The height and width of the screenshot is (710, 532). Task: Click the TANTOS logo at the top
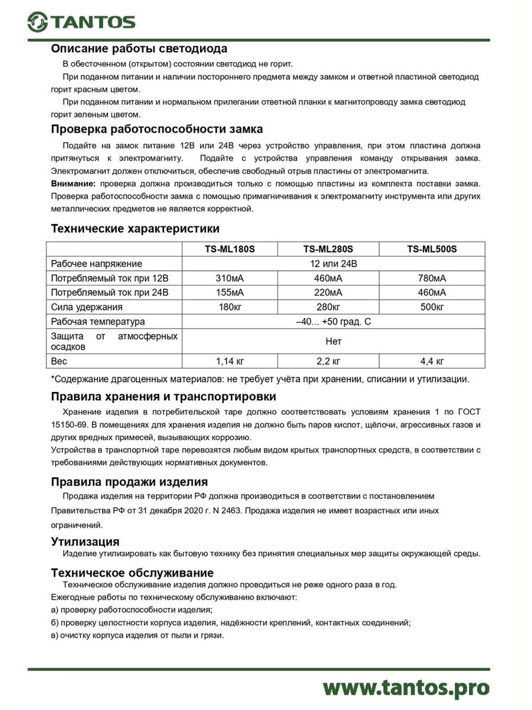click(81, 22)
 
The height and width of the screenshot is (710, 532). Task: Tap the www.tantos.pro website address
click(405, 687)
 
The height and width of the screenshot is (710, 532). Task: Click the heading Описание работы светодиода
click(139, 48)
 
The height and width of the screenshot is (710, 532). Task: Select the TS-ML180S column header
click(230, 249)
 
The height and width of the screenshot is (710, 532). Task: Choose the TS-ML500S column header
click(431, 249)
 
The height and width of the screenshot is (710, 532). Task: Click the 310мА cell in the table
click(230, 278)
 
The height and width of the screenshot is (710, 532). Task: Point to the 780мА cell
click(431, 278)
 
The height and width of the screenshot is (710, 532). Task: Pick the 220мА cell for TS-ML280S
click(328, 292)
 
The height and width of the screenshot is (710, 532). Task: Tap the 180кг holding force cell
click(230, 307)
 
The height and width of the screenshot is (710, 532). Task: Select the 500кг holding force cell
click(431, 307)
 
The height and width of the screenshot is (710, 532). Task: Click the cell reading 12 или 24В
click(333, 264)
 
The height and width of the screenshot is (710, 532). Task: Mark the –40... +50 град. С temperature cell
click(333, 322)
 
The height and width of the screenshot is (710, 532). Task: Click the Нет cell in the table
click(333, 341)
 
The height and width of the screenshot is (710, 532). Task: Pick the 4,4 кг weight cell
click(431, 361)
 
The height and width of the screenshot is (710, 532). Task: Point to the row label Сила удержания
click(87, 307)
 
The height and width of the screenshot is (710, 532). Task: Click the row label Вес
click(59, 361)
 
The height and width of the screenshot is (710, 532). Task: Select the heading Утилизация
click(85, 542)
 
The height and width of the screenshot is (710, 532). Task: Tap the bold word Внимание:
click(73, 184)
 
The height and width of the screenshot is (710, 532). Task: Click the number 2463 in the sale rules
click(232, 510)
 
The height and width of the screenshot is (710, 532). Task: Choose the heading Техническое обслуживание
click(132, 573)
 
